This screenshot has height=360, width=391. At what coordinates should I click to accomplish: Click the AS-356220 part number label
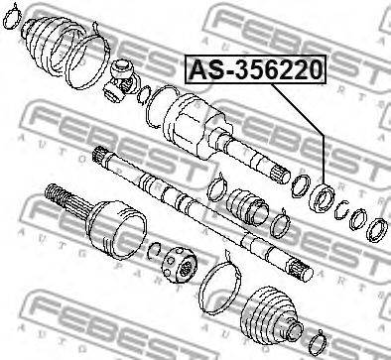pos(255,70)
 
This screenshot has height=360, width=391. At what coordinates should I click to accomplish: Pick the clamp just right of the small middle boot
pos(281,226)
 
